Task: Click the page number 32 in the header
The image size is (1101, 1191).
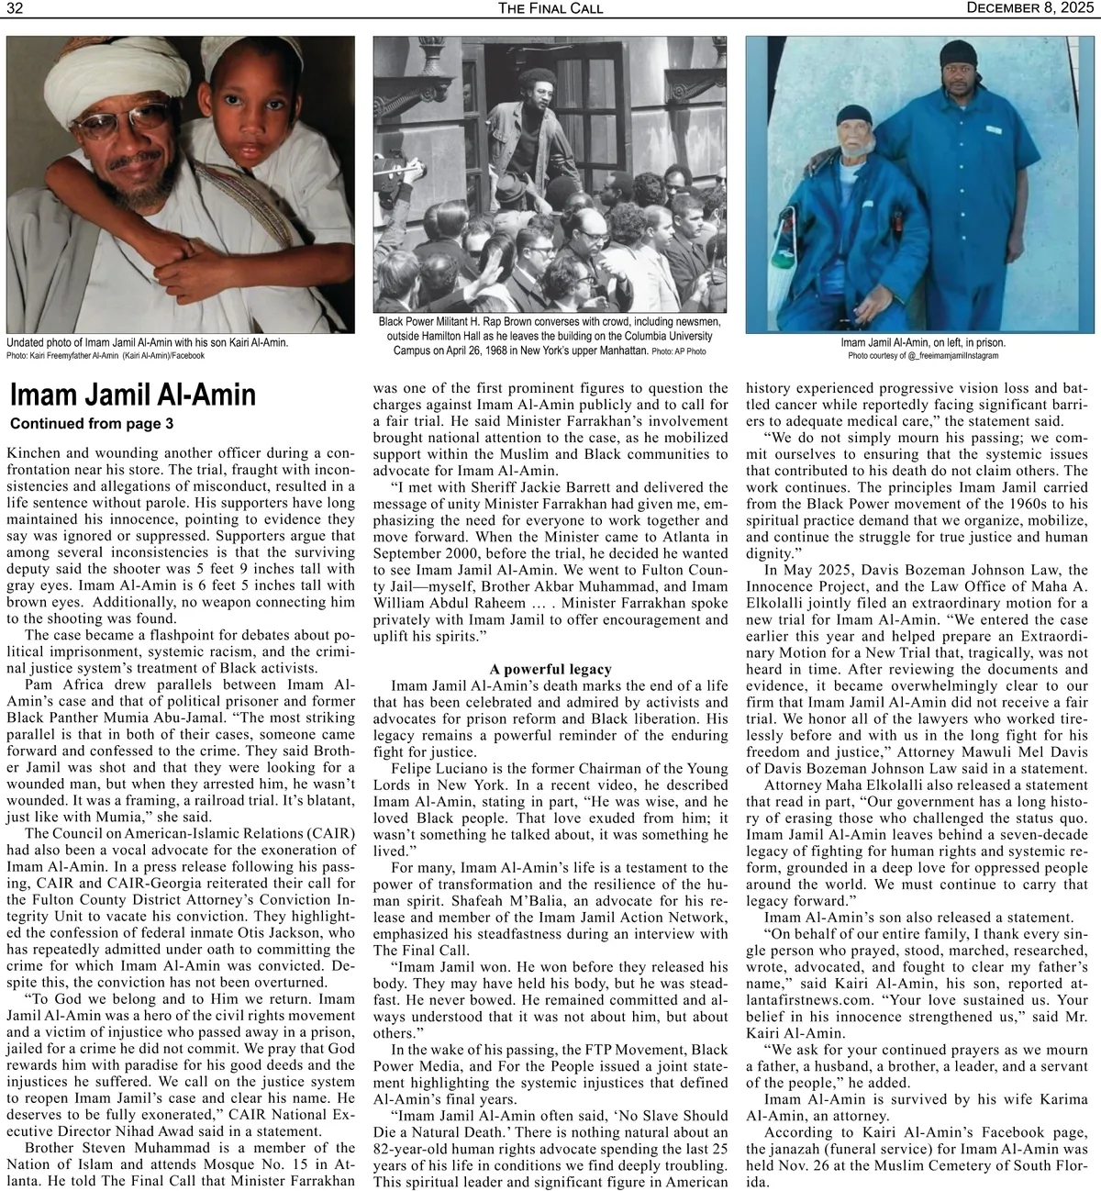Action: click(15, 8)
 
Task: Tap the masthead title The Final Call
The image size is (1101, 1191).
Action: click(550, 8)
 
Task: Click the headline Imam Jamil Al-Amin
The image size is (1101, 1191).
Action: click(132, 395)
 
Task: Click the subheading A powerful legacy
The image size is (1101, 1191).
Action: click(550, 669)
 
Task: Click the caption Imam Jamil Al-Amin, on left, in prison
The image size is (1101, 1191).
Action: click(923, 343)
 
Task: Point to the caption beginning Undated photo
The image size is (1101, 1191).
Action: click(147, 342)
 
